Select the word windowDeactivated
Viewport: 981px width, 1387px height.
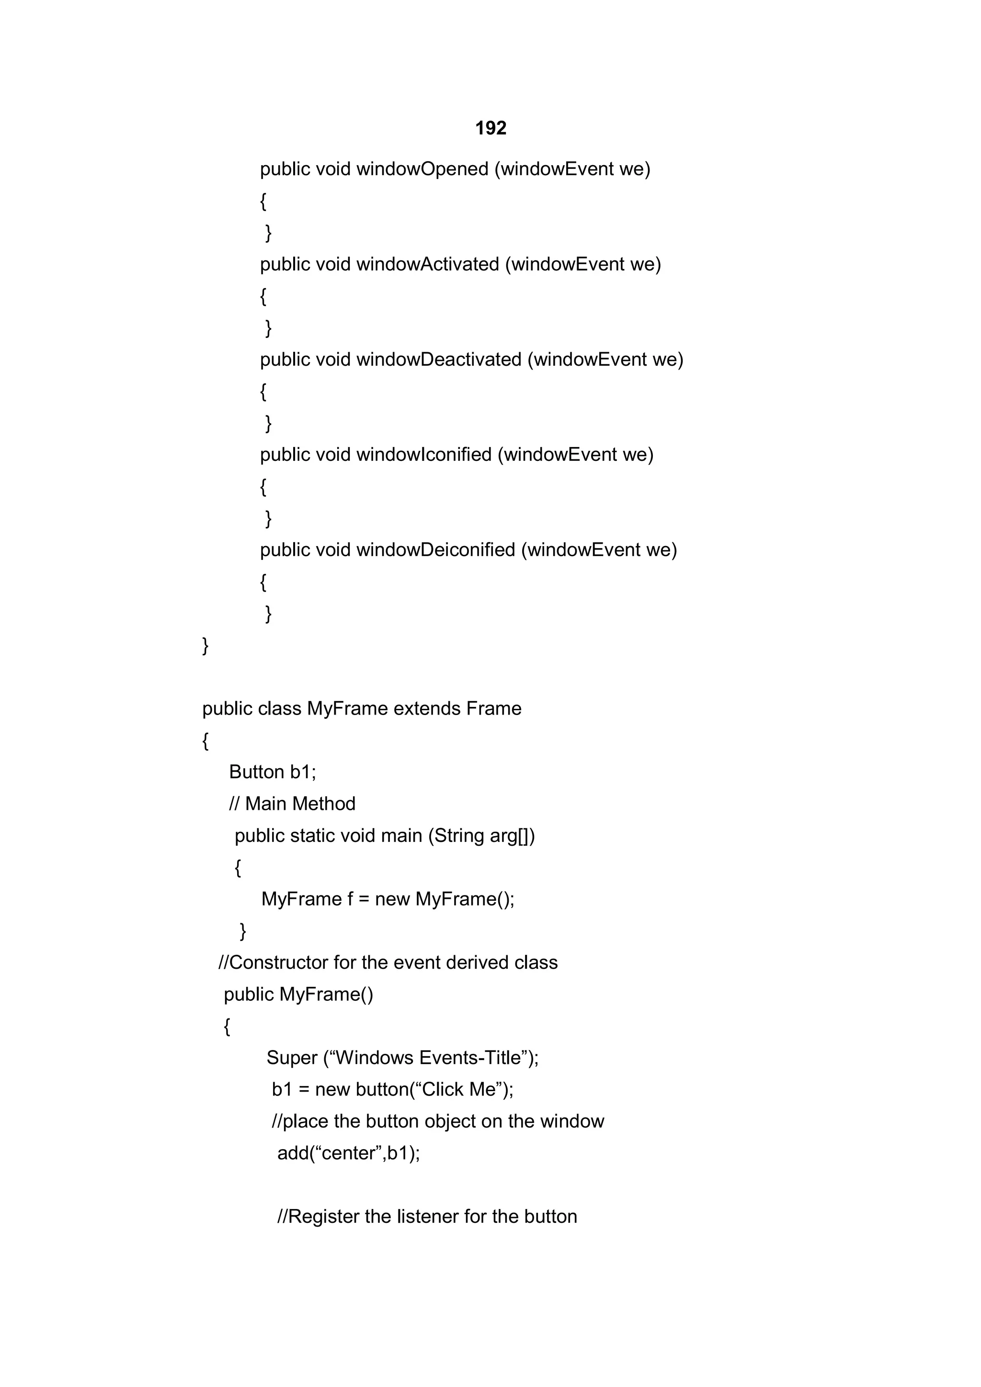(438, 359)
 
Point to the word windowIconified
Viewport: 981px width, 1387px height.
(424, 454)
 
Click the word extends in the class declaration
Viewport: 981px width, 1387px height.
(427, 709)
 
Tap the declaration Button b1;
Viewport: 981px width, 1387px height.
(273, 772)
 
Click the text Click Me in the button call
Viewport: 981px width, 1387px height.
(459, 1090)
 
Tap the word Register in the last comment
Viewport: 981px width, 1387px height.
(324, 1217)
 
